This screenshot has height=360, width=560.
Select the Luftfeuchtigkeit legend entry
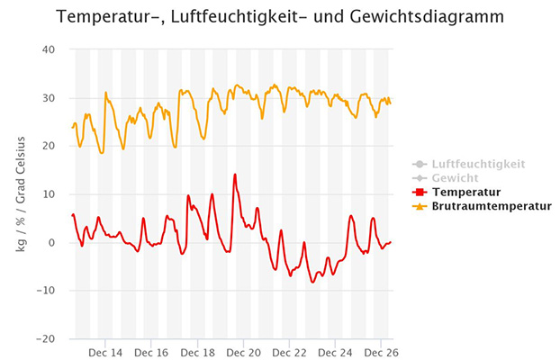(477, 165)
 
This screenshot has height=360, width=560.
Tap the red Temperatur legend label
(465, 192)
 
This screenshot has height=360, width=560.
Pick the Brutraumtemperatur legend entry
(492, 206)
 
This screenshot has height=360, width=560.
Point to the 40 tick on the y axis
(50, 49)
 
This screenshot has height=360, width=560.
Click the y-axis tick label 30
(50, 98)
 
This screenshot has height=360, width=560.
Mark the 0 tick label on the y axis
(53, 243)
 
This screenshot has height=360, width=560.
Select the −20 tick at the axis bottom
(46, 339)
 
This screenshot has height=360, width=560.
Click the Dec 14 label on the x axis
(105, 353)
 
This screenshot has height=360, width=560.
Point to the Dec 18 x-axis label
(197, 353)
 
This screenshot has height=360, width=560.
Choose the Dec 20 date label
(243, 353)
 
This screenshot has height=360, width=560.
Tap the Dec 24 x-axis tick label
(335, 353)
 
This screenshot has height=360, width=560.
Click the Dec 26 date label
(381, 353)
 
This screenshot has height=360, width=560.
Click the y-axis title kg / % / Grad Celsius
(21, 193)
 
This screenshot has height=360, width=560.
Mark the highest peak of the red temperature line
(235, 175)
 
